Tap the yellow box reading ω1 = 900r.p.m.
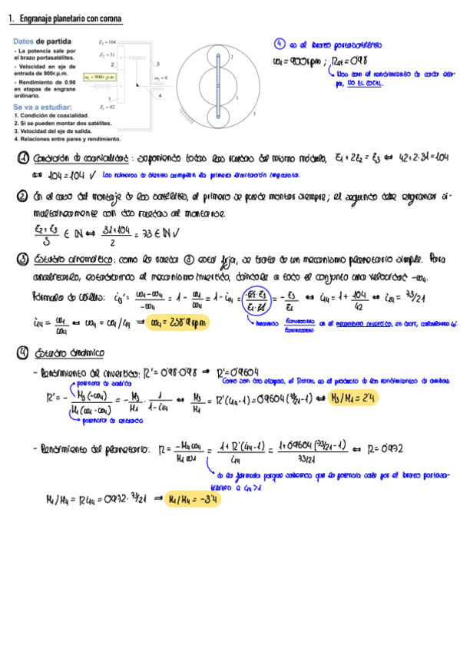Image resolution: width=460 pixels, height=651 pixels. [101, 77]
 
